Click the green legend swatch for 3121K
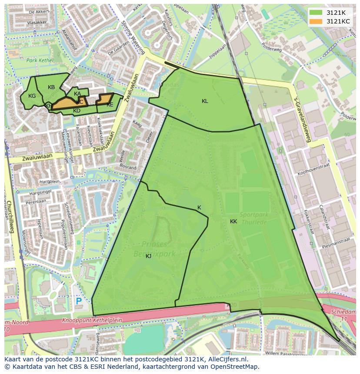click(x=316, y=13)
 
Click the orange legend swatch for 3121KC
click(x=316, y=21)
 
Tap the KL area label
click(x=205, y=101)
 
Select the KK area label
click(x=233, y=222)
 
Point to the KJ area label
click(x=149, y=256)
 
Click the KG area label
click(x=32, y=96)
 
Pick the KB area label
click(x=51, y=87)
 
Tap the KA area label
click(x=77, y=94)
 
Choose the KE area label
click(x=110, y=105)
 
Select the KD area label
click(x=77, y=111)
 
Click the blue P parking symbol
click(x=79, y=301)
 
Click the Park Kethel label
click(x=40, y=60)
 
